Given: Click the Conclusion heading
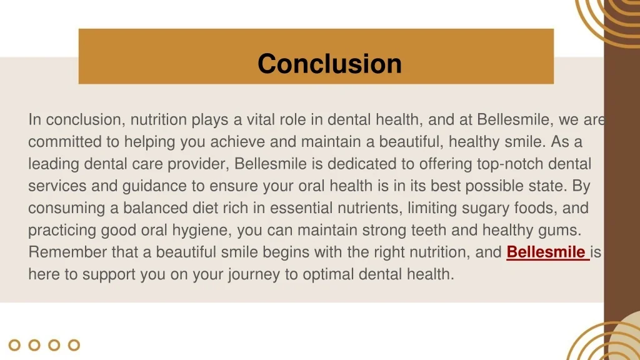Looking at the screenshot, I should pyautogui.click(x=329, y=64).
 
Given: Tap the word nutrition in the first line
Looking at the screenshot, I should pyautogui.click(x=159, y=119).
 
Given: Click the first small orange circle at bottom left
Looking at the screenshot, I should pyautogui.click(x=15, y=345).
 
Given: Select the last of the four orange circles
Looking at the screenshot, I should pyautogui.click(x=74, y=345).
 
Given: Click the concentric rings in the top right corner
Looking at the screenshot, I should pyautogui.click(x=612, y=19).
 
